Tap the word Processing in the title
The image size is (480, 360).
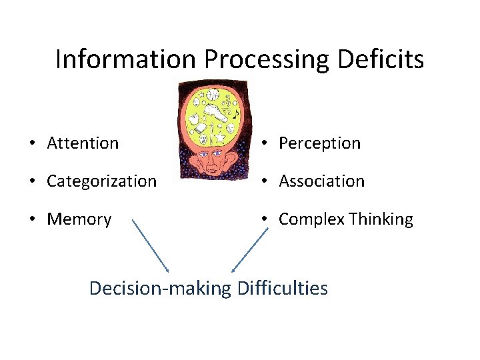267,59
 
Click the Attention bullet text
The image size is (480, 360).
83,143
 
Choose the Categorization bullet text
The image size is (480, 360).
102,181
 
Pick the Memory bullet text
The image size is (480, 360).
79,219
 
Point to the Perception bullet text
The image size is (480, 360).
319,143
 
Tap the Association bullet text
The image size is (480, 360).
321,181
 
